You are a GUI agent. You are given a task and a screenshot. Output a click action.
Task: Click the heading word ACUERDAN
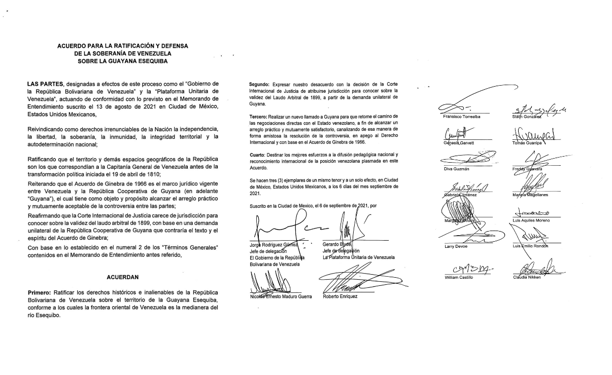123,278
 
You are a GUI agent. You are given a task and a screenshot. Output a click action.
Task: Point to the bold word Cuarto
257,154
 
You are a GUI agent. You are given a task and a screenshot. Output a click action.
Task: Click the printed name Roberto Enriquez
340,296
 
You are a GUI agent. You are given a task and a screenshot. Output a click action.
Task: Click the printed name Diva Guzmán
456,169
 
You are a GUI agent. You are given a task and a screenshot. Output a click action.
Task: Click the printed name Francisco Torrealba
462,116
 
